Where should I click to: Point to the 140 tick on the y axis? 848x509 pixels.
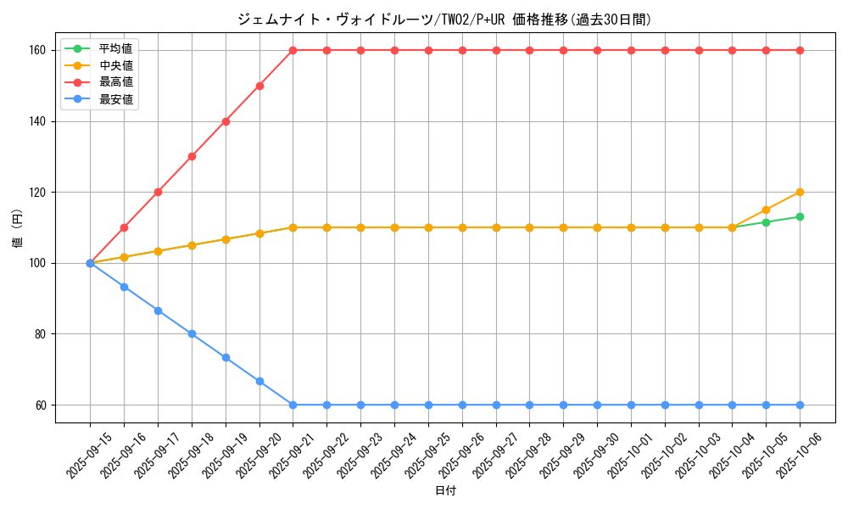click(41, 121)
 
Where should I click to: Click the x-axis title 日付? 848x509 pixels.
click(445, 491)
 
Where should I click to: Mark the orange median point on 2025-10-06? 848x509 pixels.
click(800, 192)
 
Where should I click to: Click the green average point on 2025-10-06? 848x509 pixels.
click(800, 216)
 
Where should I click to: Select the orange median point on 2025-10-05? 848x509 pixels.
click(766, 210)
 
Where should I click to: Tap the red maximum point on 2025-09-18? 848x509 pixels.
click(192, 156)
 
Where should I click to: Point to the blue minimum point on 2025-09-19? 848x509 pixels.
click(226, 357)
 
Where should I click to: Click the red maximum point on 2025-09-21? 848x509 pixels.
click(293, 50)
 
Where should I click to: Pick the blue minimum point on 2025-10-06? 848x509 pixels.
click(800, 405)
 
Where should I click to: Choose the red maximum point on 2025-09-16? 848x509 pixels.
click(124, 227)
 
